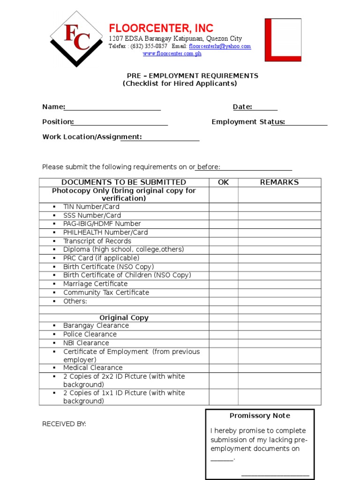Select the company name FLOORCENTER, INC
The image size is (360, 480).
161,28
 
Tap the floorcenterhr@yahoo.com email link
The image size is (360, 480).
220,46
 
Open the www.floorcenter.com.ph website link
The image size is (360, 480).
172,54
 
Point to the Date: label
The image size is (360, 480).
242,107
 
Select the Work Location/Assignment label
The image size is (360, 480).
92,137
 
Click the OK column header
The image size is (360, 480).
224,182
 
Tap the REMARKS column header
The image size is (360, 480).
279,182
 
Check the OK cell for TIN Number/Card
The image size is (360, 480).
224,207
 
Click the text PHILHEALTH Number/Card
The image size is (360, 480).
105,232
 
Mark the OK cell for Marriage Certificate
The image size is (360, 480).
224,284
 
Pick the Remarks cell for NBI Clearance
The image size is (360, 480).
279,343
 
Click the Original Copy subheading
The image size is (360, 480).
124,318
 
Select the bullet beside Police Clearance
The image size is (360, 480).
54,334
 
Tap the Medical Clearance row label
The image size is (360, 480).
93,368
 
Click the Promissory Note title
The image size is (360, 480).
260,416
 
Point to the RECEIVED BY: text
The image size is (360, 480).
64,424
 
